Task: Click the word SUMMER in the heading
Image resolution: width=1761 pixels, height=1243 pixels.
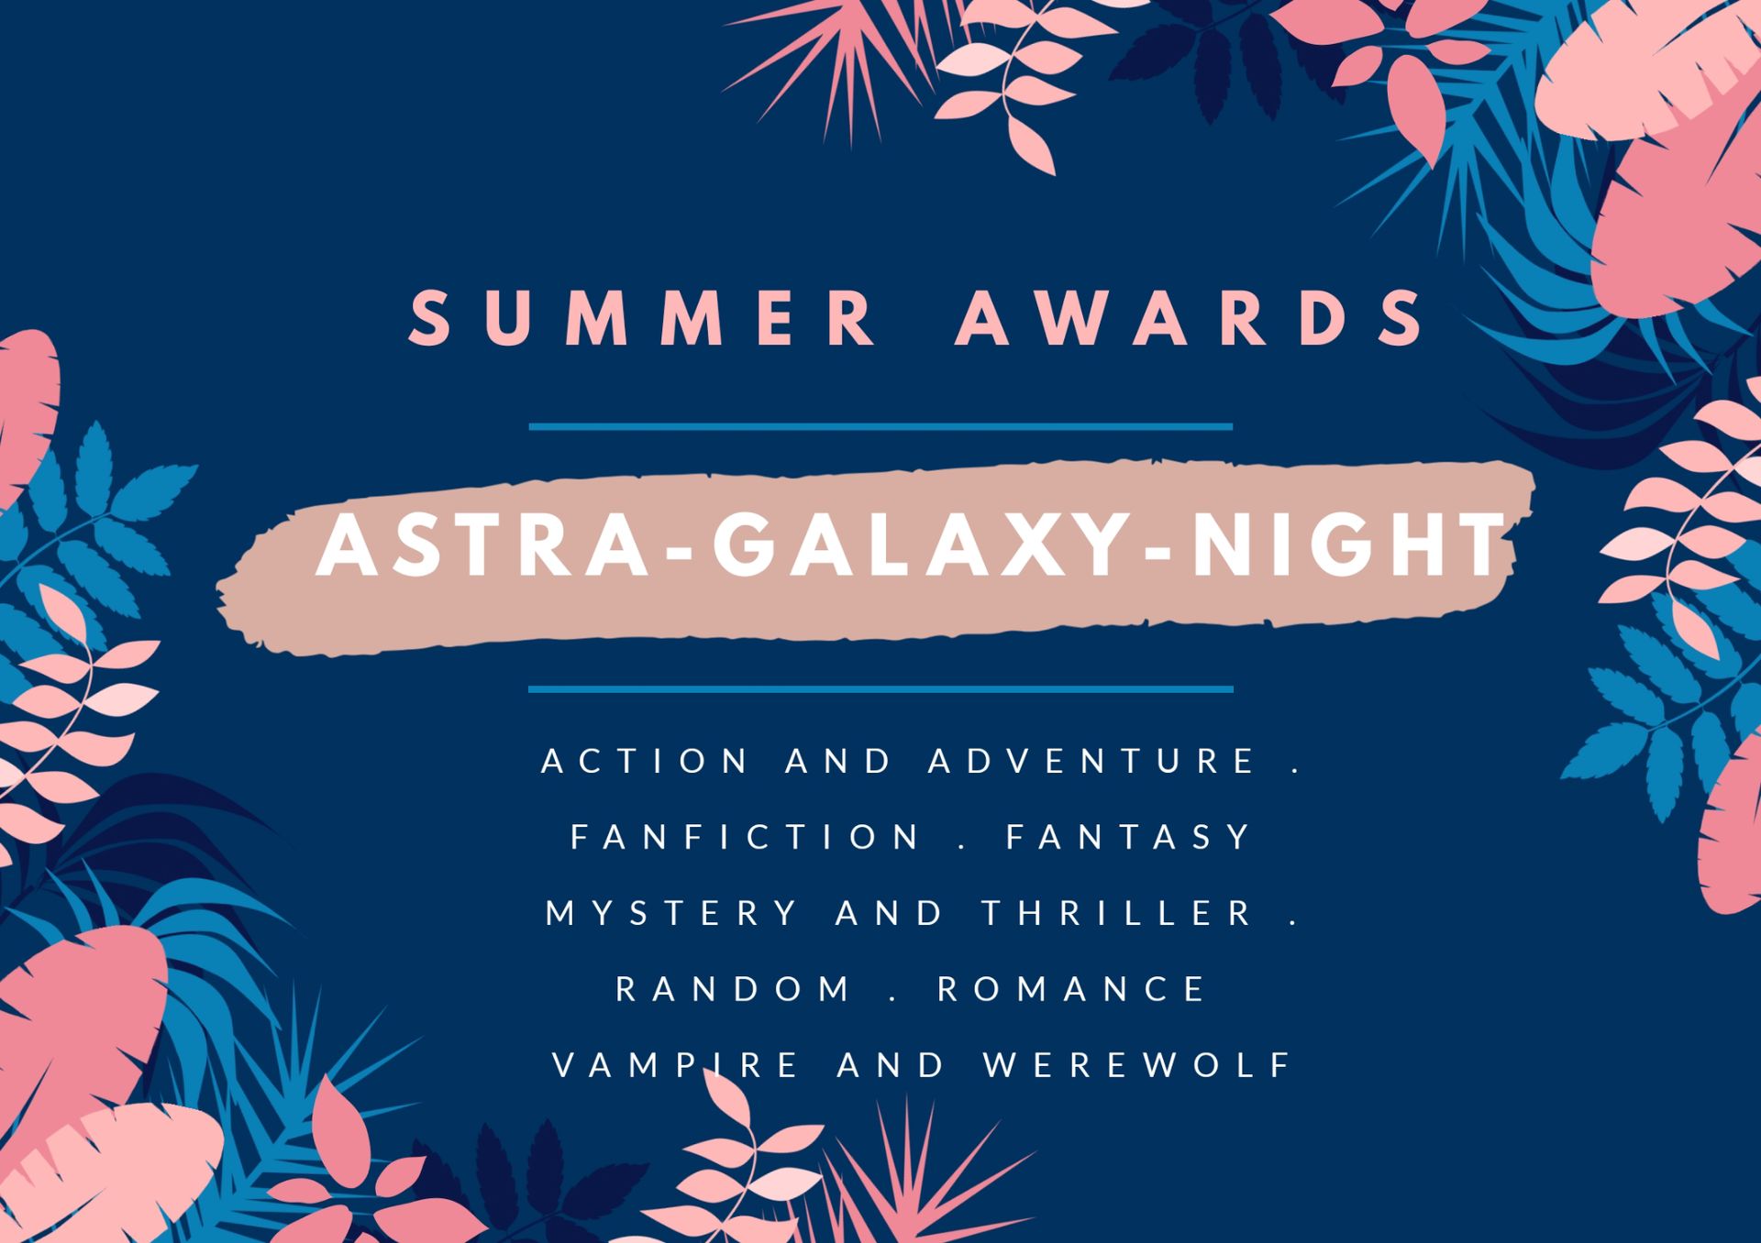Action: [643, 318]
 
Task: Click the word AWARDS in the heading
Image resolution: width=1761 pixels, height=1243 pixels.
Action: [1190, 318]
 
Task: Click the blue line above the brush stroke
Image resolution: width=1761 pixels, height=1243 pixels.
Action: [880, 426]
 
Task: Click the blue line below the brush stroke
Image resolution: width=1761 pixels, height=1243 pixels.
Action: [880, 688]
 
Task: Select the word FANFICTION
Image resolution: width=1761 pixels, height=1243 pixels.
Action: [745, 837]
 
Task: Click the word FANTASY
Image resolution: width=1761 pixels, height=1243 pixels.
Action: [1128, 837]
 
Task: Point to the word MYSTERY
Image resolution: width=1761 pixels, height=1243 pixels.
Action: [672, 913]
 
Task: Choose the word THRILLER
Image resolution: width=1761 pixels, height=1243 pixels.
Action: [1117, 913]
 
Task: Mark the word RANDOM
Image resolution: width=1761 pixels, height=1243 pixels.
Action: [734, 989]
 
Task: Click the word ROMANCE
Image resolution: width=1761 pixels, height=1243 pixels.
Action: [1070, 989]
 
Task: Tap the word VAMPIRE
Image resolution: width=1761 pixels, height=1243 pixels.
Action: [677, 1065]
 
